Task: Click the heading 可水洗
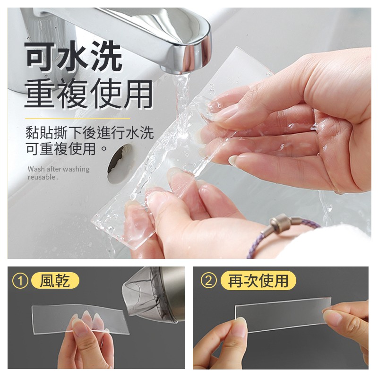[74, 57]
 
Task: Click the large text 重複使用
[89, 94]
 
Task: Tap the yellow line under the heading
[77, 119]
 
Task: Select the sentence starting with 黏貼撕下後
[89, 140]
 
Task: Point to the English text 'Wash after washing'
[58, 169]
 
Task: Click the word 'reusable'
[41, 177]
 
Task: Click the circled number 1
[20, 281]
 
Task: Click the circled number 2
[208, 281]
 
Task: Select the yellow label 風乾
[55, 281]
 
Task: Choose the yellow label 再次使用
[258, 280]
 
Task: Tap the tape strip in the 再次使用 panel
[283, 315]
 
